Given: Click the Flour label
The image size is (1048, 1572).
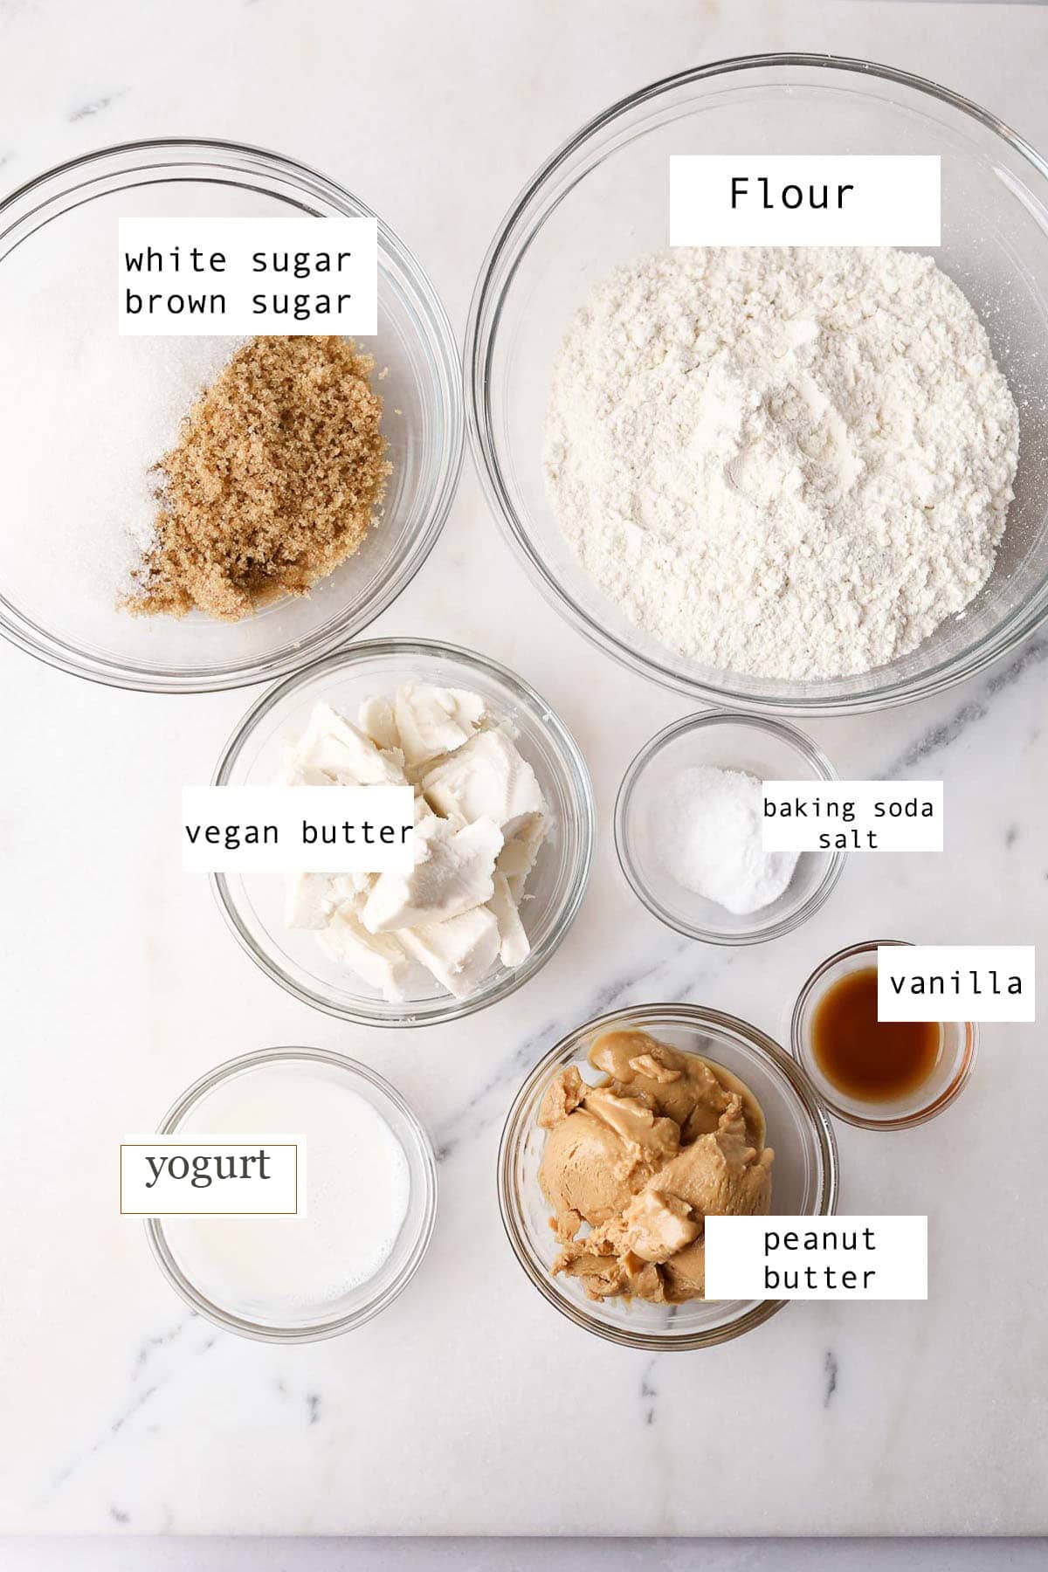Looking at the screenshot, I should pyautogui.click(x=791, y=194).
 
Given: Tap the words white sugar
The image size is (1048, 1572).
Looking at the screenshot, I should pyautogui.click(x=238, y=260).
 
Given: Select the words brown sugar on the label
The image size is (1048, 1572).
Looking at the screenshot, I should pyautogui.click(x=238, y=302).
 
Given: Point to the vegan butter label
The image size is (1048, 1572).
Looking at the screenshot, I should pyautogui.click(x=298, y=832).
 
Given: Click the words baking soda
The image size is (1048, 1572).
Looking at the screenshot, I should pyautogui.click(x=847, y=808).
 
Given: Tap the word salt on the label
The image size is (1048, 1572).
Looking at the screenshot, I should pyautogui.click(x=847, y=839).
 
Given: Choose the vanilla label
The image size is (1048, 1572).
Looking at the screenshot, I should pyautogui.click(x=955, y=983).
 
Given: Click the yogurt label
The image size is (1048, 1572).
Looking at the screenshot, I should pyautogui.click(x=208, y=1169).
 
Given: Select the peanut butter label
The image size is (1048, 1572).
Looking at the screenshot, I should pyautogui.click(x=817, y=1258).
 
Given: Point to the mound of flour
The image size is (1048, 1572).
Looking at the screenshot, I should pyautogui.click(x=777, y=463).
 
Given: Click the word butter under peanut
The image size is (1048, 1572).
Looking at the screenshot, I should pyautogui.click(x=817, y=1278).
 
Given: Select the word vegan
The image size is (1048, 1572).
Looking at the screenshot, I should pyautogui.click(x=232, y=832).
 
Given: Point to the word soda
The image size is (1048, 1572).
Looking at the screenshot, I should pyautogui.click(x=903, y=808).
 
